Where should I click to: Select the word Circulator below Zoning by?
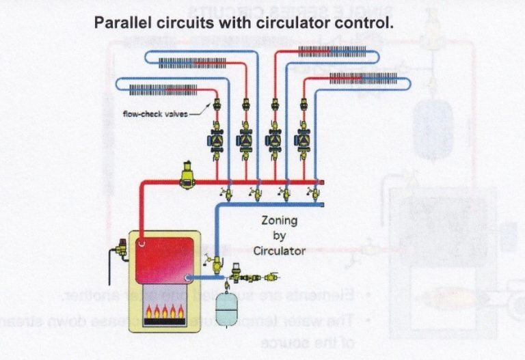[x=279, y=251]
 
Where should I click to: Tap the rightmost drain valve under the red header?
[x=317, y=193]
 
